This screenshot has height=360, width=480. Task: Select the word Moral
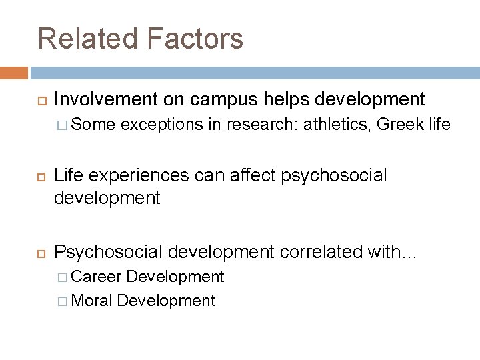[x=91, y=300]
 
